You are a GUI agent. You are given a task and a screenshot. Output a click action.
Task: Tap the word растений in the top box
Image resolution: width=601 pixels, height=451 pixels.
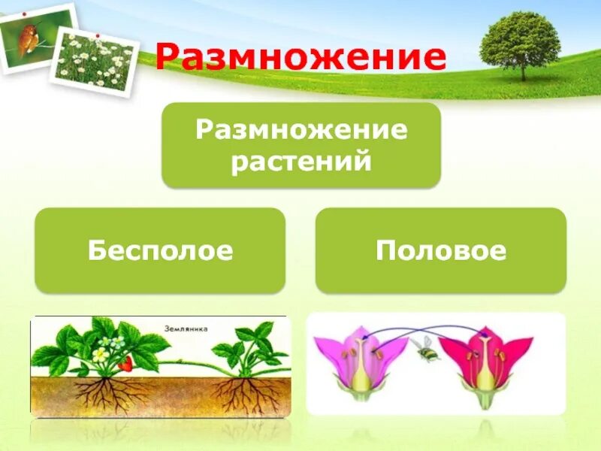click(301, 162)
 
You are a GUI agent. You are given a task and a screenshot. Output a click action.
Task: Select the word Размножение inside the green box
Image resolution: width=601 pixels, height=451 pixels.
click(301, 130)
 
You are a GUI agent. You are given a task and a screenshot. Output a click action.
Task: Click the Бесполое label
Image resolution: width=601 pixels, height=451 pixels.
click(160, 250)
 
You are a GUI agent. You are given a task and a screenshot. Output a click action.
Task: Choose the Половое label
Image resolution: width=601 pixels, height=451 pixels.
click(441, 250)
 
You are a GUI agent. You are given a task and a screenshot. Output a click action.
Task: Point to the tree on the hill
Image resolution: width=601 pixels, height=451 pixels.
click(520, 44)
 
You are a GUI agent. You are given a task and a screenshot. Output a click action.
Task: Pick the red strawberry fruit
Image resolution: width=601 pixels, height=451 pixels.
click(125, 365)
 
